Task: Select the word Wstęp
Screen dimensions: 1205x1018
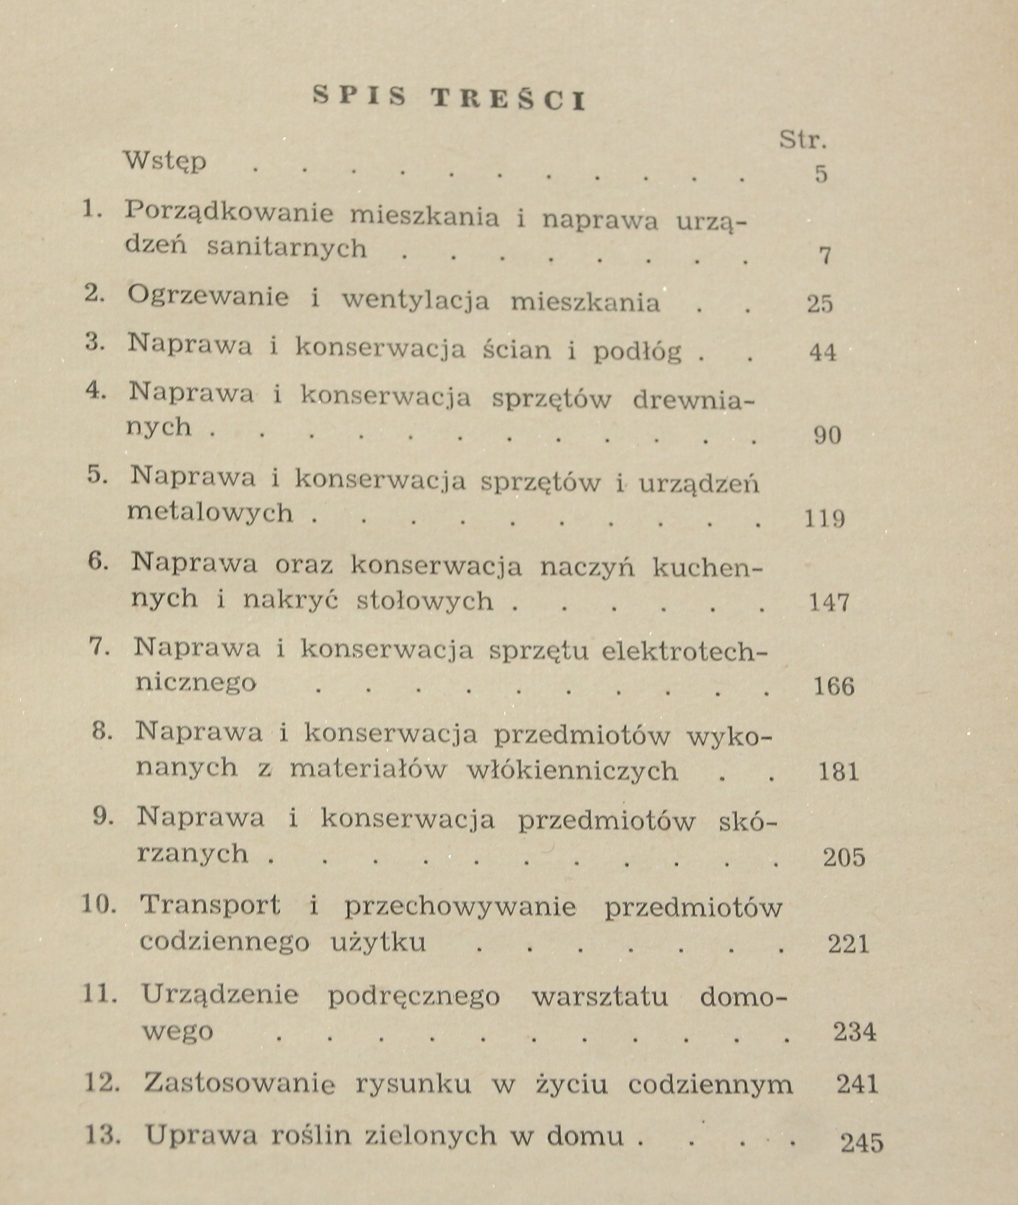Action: tap(166, 161)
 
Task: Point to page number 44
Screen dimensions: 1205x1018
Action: tap(822, 352)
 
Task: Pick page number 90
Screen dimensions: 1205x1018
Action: tap(827, 435)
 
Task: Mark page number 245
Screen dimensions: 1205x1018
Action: tap(862, 1142)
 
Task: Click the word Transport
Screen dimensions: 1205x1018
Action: tap(211, 905)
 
